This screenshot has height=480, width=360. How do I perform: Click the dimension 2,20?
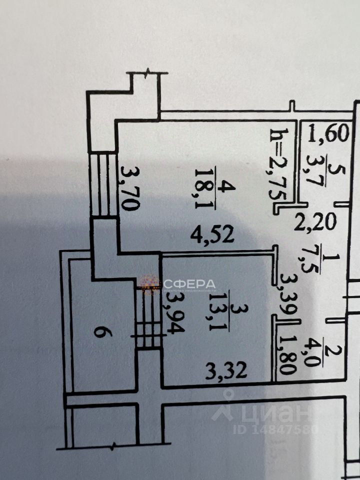[x=315, y=220]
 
